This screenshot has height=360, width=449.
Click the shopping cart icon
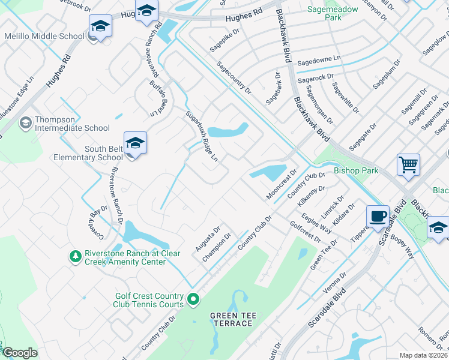click(x=408, y=163)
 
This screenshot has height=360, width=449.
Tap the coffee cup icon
click(x=378, y=216)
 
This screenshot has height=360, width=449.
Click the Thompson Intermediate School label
click(x=72, y=124)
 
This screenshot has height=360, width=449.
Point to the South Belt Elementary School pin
click(x=135, y=143)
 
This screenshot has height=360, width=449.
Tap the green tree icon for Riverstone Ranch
click(x=75, y=257)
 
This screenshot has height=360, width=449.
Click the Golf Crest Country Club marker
click(x=193, y=298)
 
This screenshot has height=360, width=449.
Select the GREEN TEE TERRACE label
click(x=231, y=319)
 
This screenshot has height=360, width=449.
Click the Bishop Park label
click(x=356, y=170)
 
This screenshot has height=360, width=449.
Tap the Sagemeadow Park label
click(x=332, y=14)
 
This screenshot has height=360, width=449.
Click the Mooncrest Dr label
click(x=282, y=185)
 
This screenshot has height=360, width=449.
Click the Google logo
click(x=20, y=353)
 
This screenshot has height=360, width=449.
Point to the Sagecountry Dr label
click(x=234, y=77)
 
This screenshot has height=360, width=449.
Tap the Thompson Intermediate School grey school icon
click(x=25, y=123)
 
